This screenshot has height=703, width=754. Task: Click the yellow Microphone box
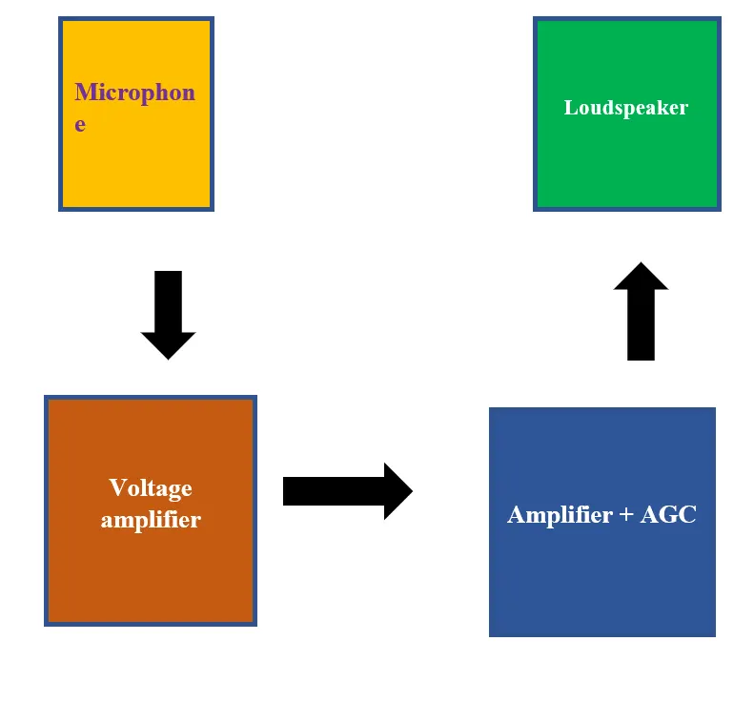pyautogui.click(x=136, y=114)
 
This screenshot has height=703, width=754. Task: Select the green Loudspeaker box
pyautogui.click(x=627, y=114)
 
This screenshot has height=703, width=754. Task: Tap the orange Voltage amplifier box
pyautogui.click(x=151, y=510)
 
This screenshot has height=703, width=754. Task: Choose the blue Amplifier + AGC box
pyautogui.click(x=602, y=522)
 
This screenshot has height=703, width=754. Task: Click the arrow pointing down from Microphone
pyautogui.click(x=169, y=315)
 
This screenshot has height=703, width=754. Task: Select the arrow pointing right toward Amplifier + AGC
pyautogui.click(x=348, y=491)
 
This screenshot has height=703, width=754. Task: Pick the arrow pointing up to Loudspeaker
pyautogui.click(x=641, y=311)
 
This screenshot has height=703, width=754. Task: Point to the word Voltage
pyautogui.click(x=151, y=489)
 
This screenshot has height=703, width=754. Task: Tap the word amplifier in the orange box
pyautogui.click(x=151, y=520)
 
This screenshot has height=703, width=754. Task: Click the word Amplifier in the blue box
pyautogui.click(x=560, y=515)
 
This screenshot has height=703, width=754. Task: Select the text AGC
pyautogui.click(x=668, y=514)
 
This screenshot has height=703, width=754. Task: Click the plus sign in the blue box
pyautogui.click(x=626, y=515)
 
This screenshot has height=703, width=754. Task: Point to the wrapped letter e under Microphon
pyautogui.click(x=80, y=125)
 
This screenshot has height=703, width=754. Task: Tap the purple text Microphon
pyautogui.click(x=135, y=92)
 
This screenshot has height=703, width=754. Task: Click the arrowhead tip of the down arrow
pyautogui.click(x=169, y=360)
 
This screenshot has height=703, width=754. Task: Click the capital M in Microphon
pyautogui.click(x=85, y=92)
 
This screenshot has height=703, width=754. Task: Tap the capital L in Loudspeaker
pyautogui.click(x=571, y=107)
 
